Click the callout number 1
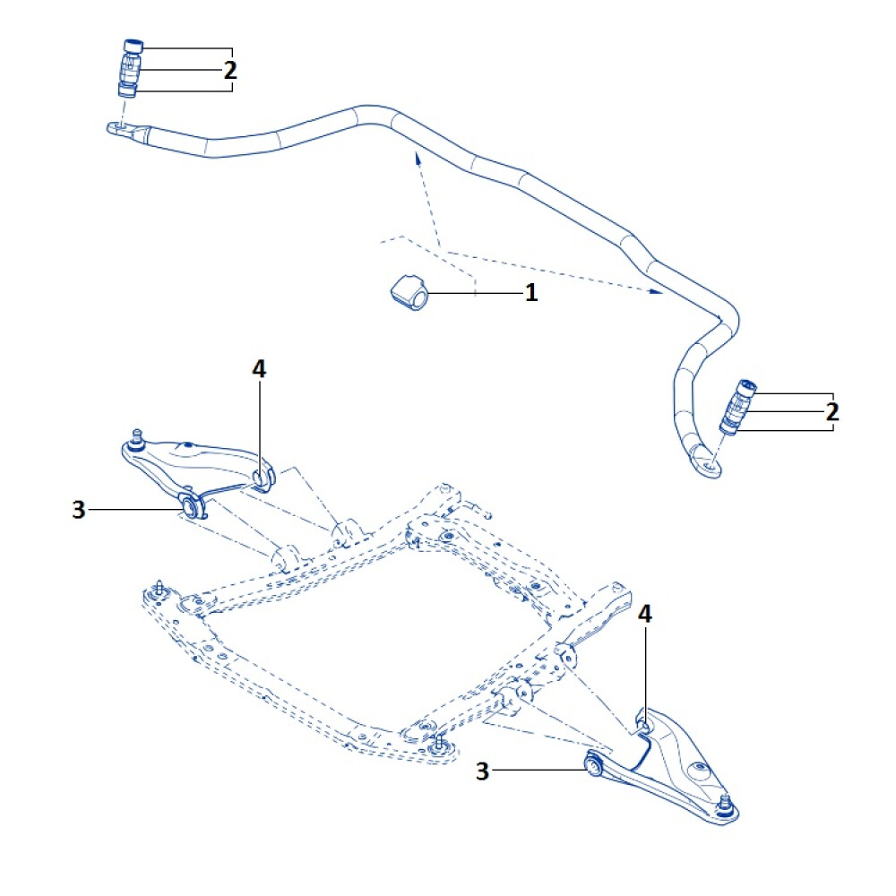point(531,293)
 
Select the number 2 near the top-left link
point(230,70)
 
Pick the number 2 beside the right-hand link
point(832,412)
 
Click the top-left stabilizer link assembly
point(131,68)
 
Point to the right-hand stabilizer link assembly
point(738,408)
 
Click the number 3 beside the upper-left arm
point(79,510)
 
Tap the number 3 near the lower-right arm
point(483,771)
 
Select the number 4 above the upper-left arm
point(260,368)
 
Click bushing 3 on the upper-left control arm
point(190,508)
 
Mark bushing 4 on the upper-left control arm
point(263,477)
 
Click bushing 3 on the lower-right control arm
point(592,764)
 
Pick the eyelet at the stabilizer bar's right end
point(710,466)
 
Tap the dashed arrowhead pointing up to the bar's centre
point(416,158)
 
